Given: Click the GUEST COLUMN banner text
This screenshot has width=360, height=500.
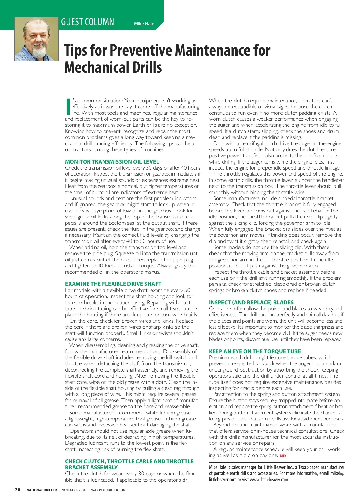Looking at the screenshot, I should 88,22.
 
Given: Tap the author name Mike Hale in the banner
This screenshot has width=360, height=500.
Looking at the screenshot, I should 144,24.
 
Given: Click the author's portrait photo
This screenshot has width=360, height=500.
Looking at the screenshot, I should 37,39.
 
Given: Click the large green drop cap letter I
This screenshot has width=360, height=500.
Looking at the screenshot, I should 68,107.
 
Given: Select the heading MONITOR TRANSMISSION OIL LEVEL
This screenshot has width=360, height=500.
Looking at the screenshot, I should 112,162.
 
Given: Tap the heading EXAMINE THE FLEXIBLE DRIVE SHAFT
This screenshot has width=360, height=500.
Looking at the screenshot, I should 113,284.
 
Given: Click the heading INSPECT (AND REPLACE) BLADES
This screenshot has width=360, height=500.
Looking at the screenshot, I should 251,303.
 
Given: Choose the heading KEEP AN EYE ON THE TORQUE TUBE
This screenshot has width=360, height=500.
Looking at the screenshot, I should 255,351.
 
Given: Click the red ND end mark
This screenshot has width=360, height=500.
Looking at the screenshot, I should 283,456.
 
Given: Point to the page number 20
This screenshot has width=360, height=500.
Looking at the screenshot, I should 18,490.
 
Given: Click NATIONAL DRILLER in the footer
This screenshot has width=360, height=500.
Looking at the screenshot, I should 42,490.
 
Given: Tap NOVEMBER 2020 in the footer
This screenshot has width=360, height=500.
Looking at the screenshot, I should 73,490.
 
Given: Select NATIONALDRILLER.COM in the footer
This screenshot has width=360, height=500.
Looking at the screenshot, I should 108,490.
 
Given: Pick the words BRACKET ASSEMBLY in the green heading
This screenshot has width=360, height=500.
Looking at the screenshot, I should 91,468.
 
